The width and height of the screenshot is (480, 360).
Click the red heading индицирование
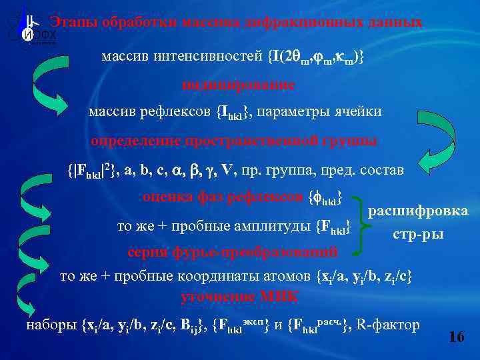click(238, 85)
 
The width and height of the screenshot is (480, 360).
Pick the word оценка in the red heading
click(163, 197)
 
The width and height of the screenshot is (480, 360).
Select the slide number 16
click(457, 337)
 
